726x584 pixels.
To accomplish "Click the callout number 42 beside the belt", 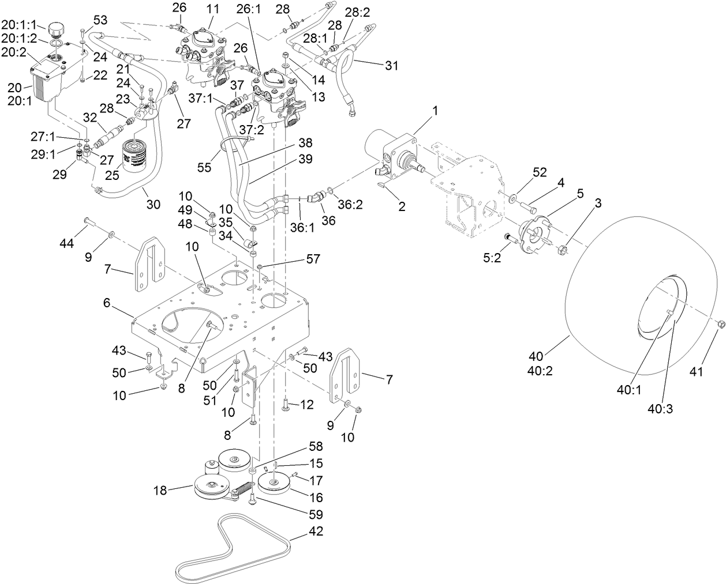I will click(x=316, y=531).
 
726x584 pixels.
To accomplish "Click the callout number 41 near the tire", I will click(x=697, y=372).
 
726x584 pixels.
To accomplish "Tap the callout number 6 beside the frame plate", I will click(x=107, y=302).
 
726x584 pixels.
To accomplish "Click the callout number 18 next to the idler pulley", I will click(x=160, y=491).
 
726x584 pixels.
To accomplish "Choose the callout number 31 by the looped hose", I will click(x=392, y=66).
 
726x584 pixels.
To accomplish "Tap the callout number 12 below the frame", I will click(x=306, y=406).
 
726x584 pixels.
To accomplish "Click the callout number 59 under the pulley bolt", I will click(x=315, y=514).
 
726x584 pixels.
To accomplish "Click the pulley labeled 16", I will click(x=274, y=483).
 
